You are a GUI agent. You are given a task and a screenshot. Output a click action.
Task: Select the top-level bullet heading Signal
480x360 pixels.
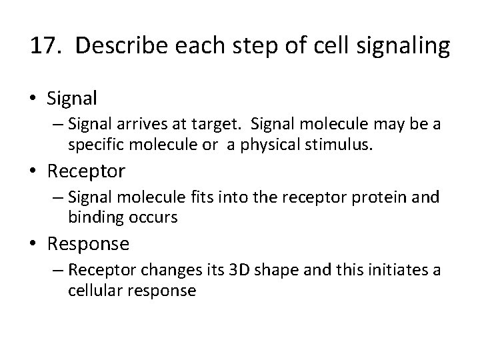(73, 99)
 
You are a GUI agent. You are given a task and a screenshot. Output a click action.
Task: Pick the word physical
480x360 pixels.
(259, 143)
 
